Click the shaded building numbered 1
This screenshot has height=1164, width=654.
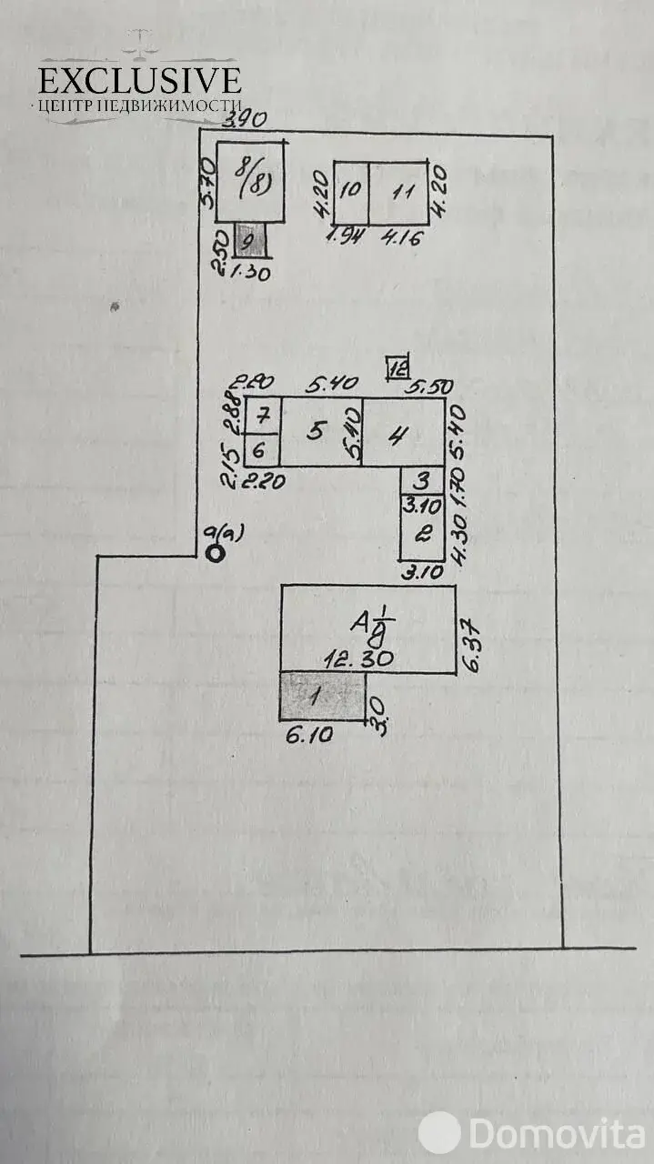pyautogui.click(x=322, y=696)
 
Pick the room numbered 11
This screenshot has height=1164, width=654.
pyautogui.click(x=397, y=193)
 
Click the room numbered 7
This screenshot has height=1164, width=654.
pyautogui.click(x=262, y=416)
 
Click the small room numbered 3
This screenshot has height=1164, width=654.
pyautogui.click(x=422, y=480)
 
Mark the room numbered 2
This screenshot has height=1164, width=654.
pyautogui.click(x=422, y=535)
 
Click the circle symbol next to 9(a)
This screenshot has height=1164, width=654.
pyautogui.click(x=216, y=552)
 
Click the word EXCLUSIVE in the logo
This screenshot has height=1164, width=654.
pyautogui.click(x=140, y=80)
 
